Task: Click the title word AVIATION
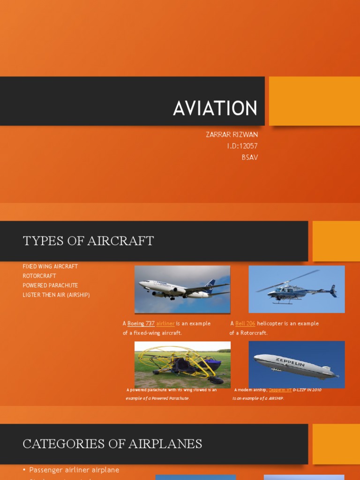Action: pos(215,108)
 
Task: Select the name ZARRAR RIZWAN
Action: pos(232,135)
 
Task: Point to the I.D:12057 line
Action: pos(242,146)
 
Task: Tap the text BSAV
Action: pos(249,157)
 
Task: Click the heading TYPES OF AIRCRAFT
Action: pos(88,241)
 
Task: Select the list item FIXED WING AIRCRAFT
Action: pos(50,267)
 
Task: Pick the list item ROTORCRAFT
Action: pos(39,276)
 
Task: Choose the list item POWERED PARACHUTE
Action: pos(50,285)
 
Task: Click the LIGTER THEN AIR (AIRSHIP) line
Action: pos(56,295)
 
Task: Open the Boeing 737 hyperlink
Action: pos(141,323)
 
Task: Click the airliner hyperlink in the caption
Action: pos(165,323)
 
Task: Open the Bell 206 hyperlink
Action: pos(245,323)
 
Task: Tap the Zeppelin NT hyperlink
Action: pos(280,390)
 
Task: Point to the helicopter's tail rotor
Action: pos(333,291)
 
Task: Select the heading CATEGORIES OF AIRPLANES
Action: pos(112,444)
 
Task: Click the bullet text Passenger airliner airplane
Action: pos(74,470)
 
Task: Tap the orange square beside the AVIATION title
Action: pos(314,101)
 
